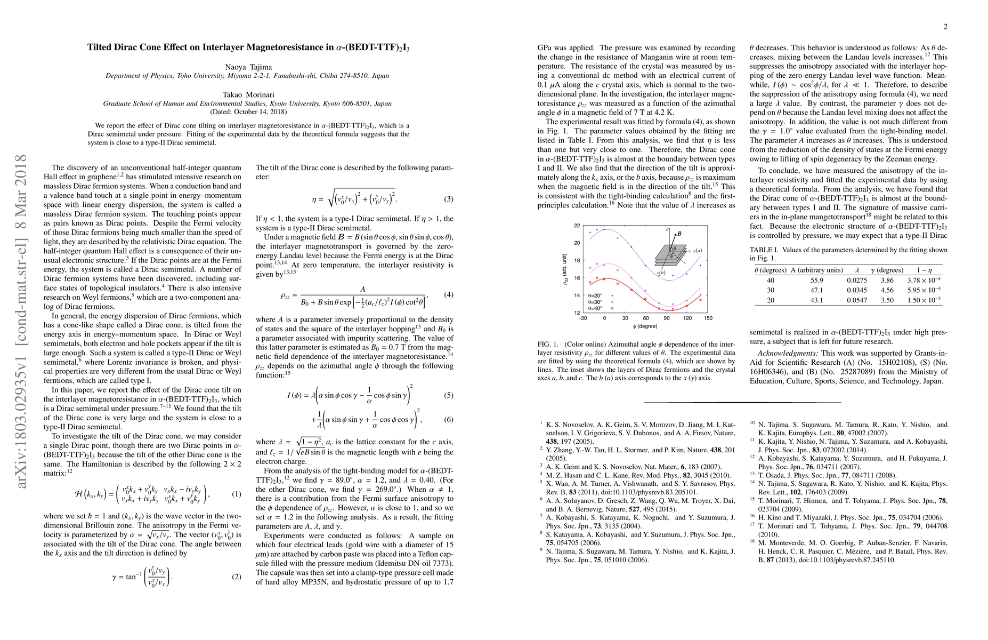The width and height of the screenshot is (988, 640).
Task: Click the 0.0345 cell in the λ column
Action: click(856, 290)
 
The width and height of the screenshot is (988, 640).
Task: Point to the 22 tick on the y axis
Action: click(577, 226)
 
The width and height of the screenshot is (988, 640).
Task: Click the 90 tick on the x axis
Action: click(666, 318)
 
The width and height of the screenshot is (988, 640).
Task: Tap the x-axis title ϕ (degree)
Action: click(645, 326)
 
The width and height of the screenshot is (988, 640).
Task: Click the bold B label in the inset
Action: click(679, 234)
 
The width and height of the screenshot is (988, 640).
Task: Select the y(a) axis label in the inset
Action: click(697, 250)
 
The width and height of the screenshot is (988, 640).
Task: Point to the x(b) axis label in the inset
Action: click(661, 273)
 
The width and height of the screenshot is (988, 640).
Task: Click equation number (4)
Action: click(448, 295)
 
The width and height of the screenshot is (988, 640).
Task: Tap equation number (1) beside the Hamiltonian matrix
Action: click(237, 494)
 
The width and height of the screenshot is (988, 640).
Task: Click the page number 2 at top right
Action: click(945, 27)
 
